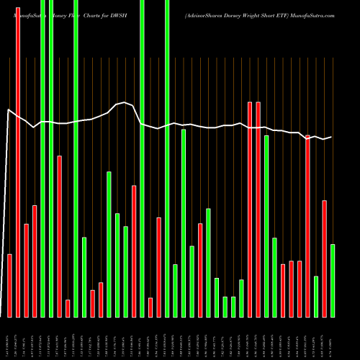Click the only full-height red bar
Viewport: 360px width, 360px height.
click(x=18, y=158)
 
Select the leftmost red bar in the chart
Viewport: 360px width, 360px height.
click(x=10, y=285)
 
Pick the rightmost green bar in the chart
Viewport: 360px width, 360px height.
click(x=333, y=280)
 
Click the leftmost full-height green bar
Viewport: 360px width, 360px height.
click(x=42, y=158)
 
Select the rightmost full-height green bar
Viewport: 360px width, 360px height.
click(x=167, y=158)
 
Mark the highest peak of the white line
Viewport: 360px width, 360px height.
click(x=126, y=103)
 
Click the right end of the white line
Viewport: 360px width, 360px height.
click(x=332, y=137)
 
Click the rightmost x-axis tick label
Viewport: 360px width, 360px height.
click(x=333, y=338)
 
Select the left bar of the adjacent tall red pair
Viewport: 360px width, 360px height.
click(x=250, y=209)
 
